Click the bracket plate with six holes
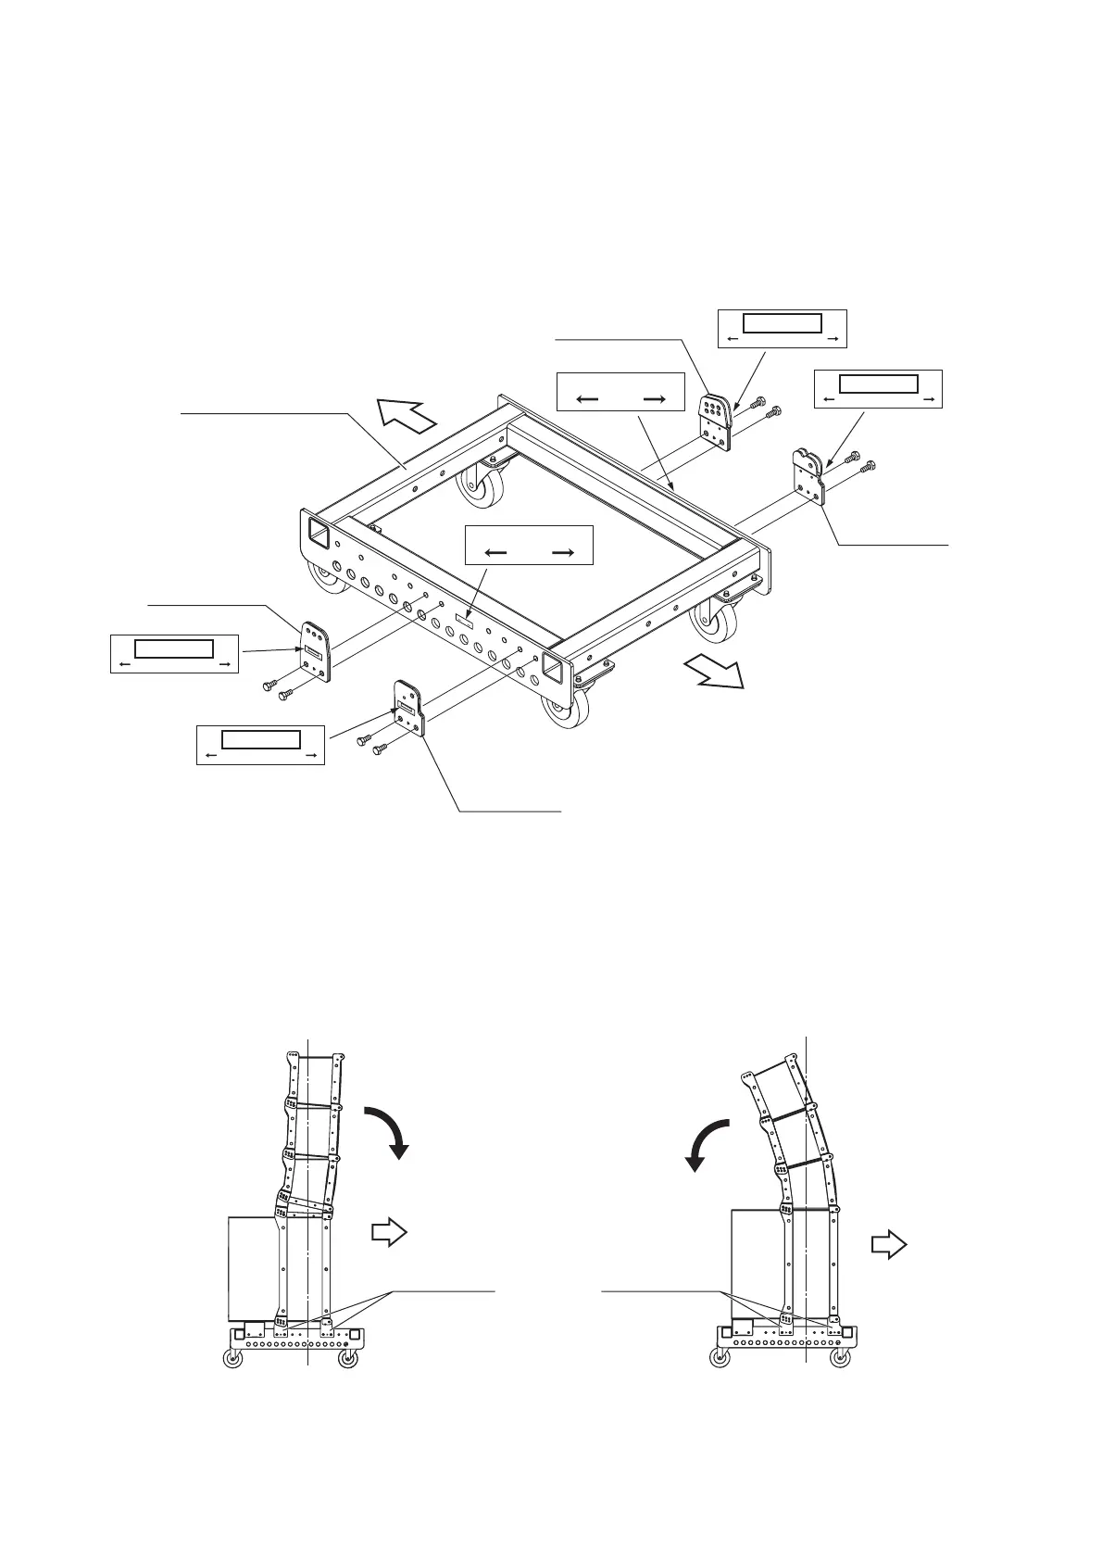pyautogui.click(x=715, y=421)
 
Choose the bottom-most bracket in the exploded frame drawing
pyautogui.click(x=407, y=709)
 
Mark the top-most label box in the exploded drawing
pyautogui.click(x=783, y=328)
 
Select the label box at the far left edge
pyautogui.click(x=174, y=653)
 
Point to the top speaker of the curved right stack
pyautogui.click(x=771, y=1089)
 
